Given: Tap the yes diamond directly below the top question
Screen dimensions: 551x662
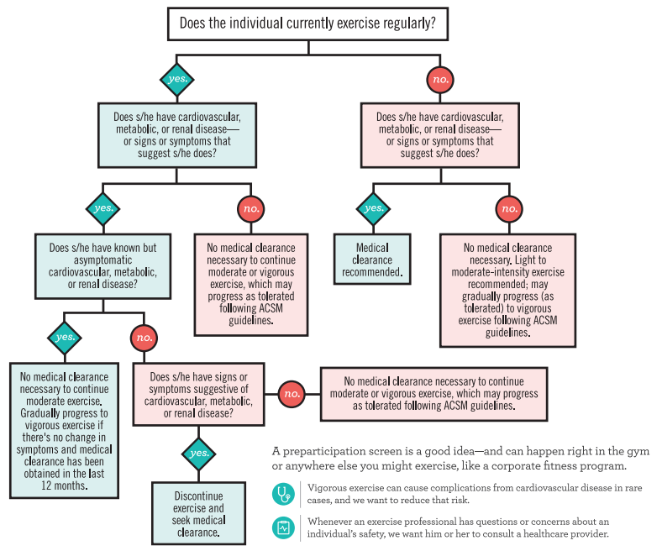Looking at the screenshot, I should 176,80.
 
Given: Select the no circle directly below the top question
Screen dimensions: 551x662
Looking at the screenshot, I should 440,80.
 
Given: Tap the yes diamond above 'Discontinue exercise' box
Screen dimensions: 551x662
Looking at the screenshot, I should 199,454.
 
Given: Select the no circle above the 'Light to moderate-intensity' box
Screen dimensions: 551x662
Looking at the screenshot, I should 508,207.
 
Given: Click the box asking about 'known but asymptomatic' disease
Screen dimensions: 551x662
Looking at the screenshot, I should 103,267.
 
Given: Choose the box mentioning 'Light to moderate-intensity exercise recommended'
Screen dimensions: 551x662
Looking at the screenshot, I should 507,290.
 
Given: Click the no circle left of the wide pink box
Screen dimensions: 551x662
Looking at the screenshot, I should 291,392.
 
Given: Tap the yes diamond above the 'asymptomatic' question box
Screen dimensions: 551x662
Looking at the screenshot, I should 103,207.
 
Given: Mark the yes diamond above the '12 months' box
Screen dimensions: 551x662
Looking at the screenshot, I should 64,338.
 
